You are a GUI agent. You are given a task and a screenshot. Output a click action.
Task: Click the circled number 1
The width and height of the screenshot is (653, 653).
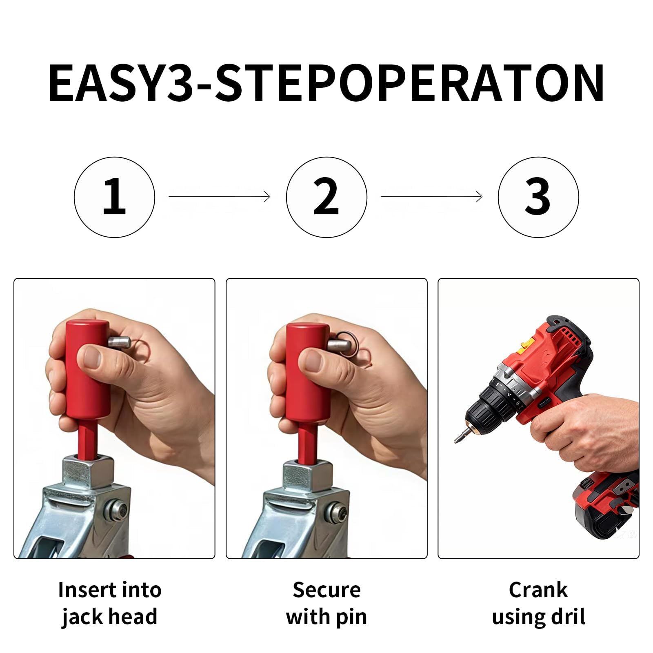point(114,197)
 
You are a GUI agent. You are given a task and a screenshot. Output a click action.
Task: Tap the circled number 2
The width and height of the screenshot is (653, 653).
point(326,197)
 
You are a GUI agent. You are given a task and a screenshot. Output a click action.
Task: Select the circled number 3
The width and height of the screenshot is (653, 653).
point(538,197)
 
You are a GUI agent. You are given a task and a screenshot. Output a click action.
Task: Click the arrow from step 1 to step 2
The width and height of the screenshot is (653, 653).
point(220,197)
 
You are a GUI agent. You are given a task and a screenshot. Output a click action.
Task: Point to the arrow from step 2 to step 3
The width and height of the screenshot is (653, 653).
point(431,197)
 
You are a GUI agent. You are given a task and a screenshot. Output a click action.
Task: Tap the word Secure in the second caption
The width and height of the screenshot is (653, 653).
point(326,590)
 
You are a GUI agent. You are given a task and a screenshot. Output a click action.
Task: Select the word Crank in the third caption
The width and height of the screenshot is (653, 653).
point(538,590)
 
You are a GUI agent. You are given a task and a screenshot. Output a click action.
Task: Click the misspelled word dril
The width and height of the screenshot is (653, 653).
point(569,617)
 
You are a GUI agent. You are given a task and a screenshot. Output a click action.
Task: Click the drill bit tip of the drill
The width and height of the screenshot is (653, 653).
point(457,439)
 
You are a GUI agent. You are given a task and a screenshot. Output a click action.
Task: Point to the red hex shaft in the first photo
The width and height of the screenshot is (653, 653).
point(87,439)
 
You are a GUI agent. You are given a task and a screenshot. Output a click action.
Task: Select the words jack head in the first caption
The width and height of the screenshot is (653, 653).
point(109,617)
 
